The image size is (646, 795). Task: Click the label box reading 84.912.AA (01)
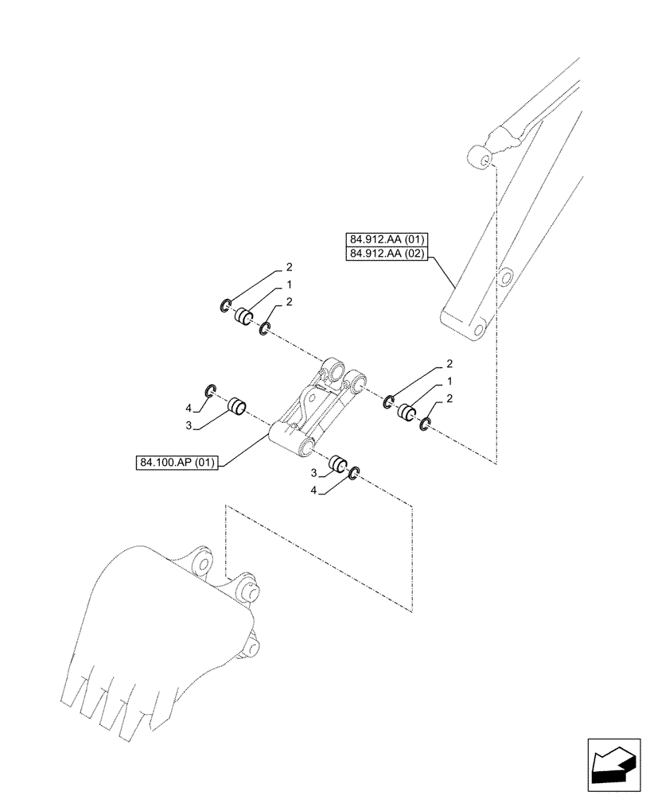pyautogui.click(x=387, y=238)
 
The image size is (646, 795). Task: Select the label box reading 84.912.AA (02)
pyautogui.click(x=387, y=254)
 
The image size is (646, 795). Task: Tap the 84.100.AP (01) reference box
pyautogui.click(x=176, y=462)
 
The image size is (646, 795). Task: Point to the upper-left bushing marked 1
pyautogui.click(x=243, y=316)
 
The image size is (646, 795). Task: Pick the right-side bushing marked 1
pyautogui.click(x=407, y=413)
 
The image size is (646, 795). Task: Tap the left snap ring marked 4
pyautogui.click(x=211, y=390)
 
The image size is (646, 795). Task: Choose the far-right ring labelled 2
pyautogui.click(x=424, y=427)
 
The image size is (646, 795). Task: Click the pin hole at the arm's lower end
pyautogui.click(x=479, y=330)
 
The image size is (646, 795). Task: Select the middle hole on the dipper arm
pyautogui.click(x=503, y=277)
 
